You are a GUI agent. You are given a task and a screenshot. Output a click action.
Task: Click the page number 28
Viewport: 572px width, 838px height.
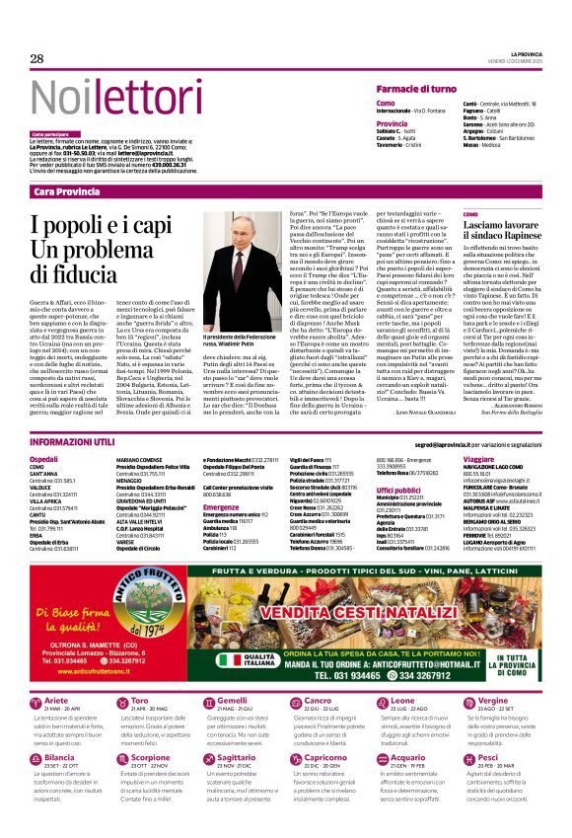tap(36, 59)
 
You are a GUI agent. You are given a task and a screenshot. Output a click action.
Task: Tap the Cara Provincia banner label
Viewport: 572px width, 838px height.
tap(66, 190)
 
